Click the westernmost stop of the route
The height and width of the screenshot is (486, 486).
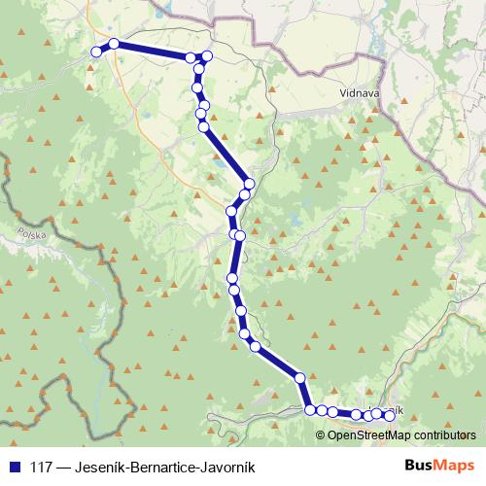click(x=96, y=52)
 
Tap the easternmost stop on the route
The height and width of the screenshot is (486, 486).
click(x=390, y=416)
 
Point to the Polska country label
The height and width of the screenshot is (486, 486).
click(x=32, y=236)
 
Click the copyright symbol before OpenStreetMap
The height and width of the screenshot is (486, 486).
click(x=322, y=435)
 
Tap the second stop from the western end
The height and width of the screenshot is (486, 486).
click(x=114, y=44)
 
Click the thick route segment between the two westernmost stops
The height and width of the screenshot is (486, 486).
click(x=105, y=48)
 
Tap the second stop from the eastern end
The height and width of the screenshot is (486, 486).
click(x=377, y=414)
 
